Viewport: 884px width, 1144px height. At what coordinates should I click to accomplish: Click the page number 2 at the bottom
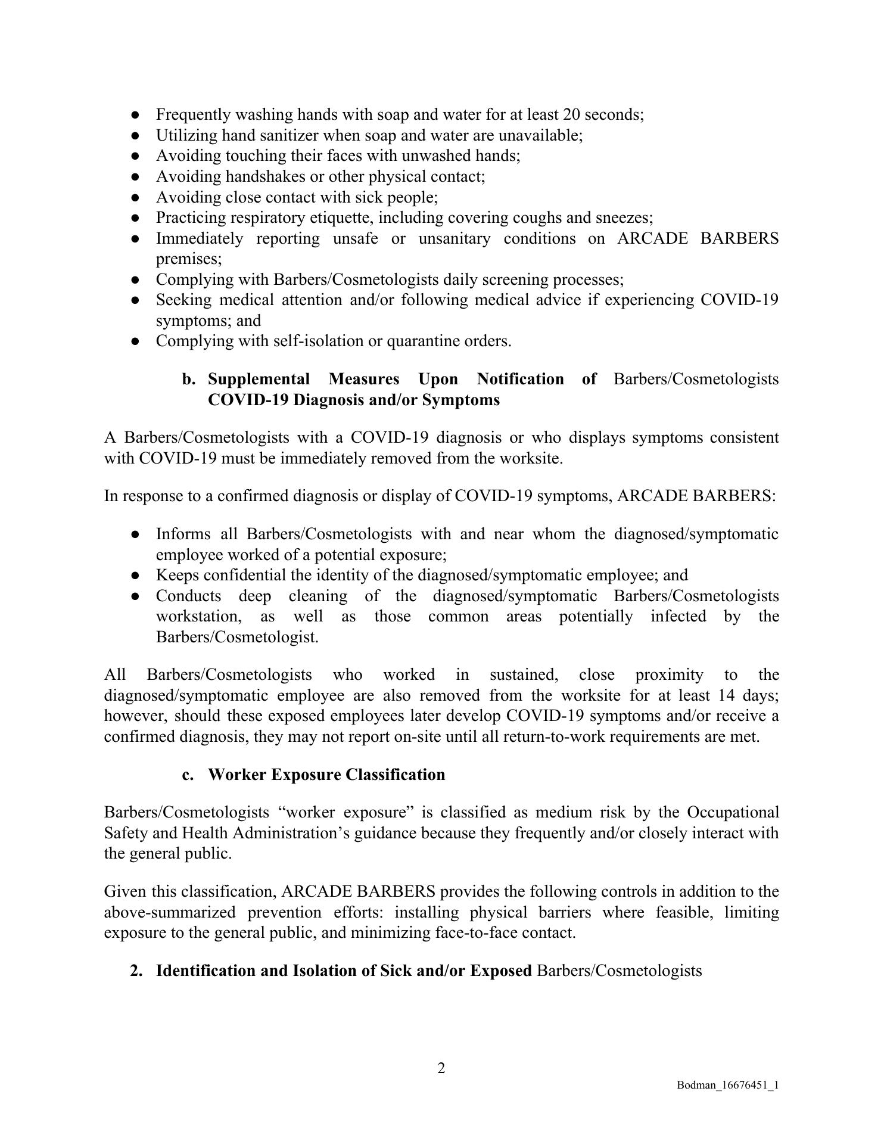441,1068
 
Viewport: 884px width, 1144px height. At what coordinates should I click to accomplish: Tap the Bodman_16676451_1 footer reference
727,1086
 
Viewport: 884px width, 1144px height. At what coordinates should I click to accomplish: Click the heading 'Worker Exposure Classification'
326,775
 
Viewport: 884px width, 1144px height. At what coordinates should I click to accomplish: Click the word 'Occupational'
733,812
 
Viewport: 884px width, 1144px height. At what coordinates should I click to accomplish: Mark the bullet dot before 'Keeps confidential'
136,576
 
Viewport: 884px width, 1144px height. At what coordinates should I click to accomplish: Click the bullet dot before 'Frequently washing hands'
136,114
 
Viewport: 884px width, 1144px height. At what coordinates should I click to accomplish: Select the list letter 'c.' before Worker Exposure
188,775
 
